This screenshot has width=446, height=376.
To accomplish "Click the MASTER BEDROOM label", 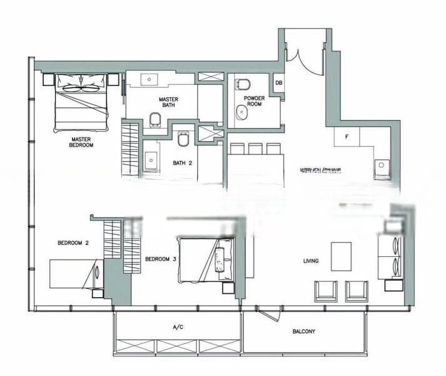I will pyautogui.click(x=82, y=142).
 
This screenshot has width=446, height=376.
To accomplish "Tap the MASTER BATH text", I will pyautogui.click(x=168, y=102).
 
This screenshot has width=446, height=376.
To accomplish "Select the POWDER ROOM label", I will pyautogui.click(x=255, y=101).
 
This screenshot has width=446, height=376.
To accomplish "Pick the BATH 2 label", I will pyautogui.click(x=182, y=163).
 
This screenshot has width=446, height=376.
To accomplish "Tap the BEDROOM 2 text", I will pyautogui.click(x=72, y=243).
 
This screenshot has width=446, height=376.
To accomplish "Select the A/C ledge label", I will pyautogui.click(x=177, y=327).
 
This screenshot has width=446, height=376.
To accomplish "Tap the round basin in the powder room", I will pyautogui.click(x=240, y=112).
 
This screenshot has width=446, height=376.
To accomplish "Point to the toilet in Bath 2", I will pyautogui.click(x=183, y=138).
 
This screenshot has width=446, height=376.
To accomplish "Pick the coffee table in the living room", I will pyautogui.click(x=341, y=256).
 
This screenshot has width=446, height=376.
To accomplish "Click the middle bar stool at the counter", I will pyautogui.click(x=255, y=149).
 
